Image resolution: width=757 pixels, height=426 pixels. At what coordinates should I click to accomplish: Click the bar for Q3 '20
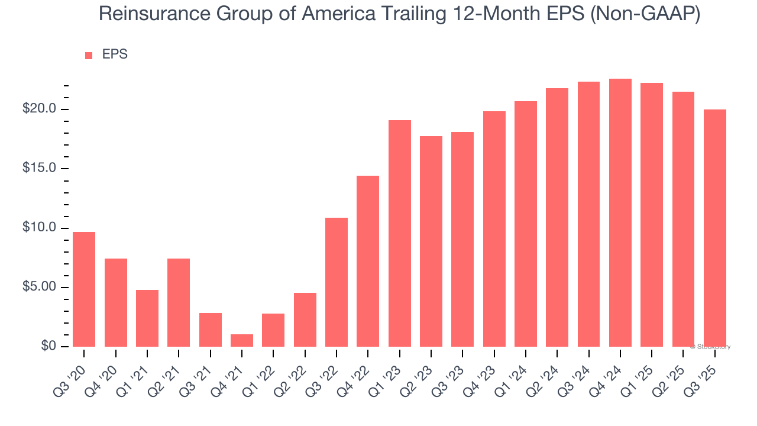pos(84,289)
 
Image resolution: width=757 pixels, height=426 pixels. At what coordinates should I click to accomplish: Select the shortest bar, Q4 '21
pos(242,340)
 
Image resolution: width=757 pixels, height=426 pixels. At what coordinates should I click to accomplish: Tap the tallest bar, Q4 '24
pos(620,213)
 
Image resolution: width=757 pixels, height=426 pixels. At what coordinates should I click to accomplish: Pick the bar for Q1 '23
pos(400,234)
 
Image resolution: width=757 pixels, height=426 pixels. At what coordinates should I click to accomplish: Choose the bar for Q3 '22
pos(337,282)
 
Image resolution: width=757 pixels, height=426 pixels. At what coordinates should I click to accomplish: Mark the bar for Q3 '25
pos(715,228)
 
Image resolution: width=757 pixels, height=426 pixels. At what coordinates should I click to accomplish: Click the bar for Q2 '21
pos(179,302)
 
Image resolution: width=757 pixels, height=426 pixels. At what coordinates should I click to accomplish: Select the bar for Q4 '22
pos(368,261)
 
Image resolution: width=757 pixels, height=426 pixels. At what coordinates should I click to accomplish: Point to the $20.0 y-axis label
pos(40,109)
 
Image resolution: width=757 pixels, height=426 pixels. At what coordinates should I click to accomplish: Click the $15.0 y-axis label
pos(40,169)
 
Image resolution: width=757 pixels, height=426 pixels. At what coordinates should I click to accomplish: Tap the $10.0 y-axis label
pos(40,228)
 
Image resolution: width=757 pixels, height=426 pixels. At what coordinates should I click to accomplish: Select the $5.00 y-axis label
pos(40,288)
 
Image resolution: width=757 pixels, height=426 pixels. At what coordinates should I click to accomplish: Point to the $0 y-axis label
pos(48,347)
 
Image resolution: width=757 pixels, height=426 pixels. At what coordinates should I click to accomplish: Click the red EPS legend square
pos(89,55)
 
